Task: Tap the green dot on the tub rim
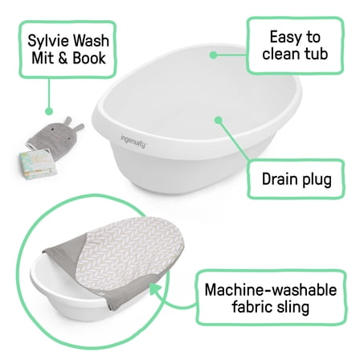click(x=213, y=55)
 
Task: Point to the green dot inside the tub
click(x=217, y=121)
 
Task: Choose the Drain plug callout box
click(x=297, y=178)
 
